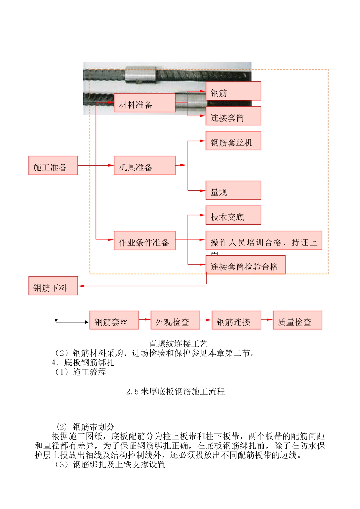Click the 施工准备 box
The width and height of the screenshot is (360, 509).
coord(53,166)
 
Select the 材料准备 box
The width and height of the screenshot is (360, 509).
coord(145,103)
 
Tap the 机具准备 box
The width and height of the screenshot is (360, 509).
coord(145,166)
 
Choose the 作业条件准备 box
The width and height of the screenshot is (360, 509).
coord(145,240)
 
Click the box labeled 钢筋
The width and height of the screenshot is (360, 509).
coord(233,91)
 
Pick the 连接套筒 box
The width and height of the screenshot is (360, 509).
coord(233,116)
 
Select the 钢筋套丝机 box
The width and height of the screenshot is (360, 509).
coord(233,141)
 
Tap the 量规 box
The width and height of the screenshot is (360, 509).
coord(233,190)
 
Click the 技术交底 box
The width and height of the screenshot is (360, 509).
coord(233,215)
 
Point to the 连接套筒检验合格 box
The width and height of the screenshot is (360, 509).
coord(245,265)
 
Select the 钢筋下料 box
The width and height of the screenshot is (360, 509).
coord(53,286)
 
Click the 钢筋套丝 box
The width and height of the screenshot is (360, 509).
coord(114,320)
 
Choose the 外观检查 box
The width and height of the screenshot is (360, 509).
coord(175,320)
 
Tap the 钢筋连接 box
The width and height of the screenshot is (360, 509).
coord(236,320)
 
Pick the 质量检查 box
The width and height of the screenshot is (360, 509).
coord(297,320)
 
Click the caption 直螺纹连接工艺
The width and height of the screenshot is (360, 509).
coord(178,343)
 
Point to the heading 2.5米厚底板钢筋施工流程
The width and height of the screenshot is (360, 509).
coord(175,392)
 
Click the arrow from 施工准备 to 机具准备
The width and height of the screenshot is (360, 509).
coord(95,166)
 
